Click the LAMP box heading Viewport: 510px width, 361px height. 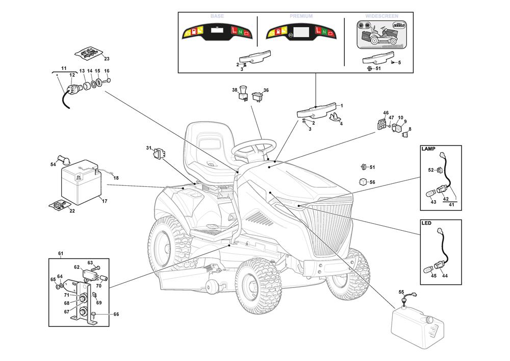(x=428, y=150)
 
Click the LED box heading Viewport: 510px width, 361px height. (x=426, y=224)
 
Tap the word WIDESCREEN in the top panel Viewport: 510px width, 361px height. (x=382, y=16)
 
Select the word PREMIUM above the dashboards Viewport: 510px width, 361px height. (x=301, y=16)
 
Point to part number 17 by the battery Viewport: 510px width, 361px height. (x=105, y=201)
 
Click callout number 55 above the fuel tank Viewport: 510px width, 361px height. (x=401, y=292)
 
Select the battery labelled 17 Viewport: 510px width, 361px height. (x=80, y=182)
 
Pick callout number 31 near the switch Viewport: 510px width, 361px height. (x=148, y=149)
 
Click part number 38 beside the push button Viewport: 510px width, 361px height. (x=235, y=90)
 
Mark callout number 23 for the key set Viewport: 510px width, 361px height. (x=107, y=58)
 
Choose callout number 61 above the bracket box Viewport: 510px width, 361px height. (x=60, y=254)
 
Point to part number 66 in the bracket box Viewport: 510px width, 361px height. (x=116, y=315)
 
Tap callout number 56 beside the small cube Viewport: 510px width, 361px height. (x=372, y=182)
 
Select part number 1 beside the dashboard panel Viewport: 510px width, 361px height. (x=341, y=106)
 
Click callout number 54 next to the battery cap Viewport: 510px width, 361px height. (x=53, y=164)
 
